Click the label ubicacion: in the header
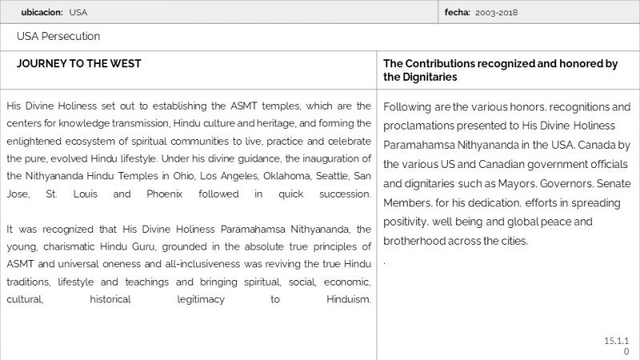point(42,12)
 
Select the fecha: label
point(458,12)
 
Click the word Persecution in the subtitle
point(71,36)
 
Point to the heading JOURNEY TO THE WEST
point(79,63)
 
